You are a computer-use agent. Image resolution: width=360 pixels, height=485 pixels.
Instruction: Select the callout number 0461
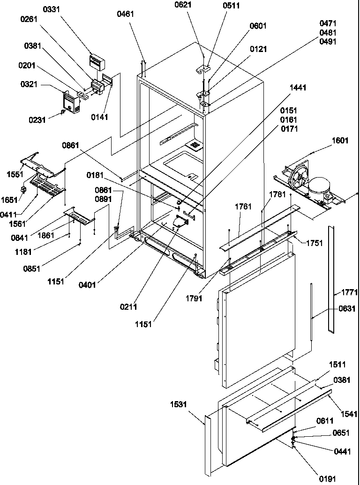tap(126, 14)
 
